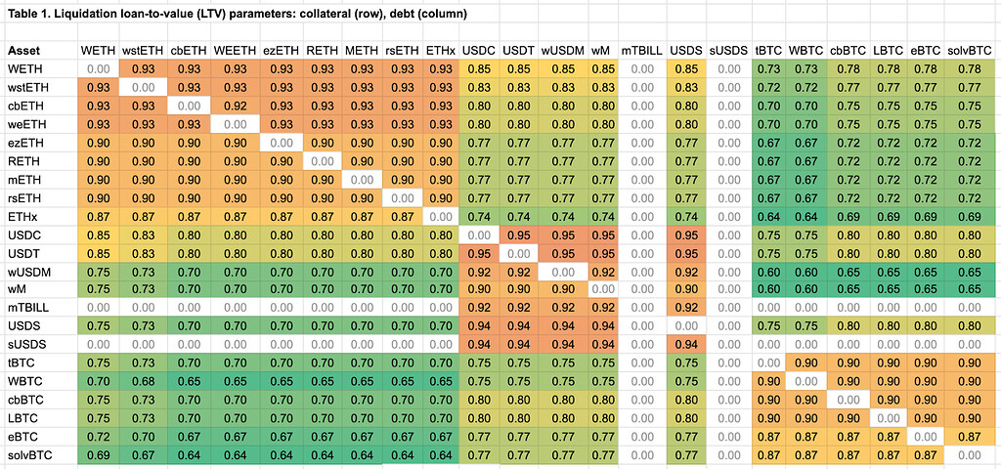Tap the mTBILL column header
tap(641, 51)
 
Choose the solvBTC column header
tap(970, 51)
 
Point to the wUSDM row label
tap(28, 271)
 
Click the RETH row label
tap(23, 160)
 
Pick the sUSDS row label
tap(27, 344)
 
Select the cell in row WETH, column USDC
tap(479, 69)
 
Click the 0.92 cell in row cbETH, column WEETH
tap(235, 106)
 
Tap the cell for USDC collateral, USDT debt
tap(518, 234)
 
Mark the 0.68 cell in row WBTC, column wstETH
tap(143, 381)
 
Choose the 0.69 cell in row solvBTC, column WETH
tap(98, 454)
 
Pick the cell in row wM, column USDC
tap(479, 289)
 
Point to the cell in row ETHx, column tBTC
tap(769, 216)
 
